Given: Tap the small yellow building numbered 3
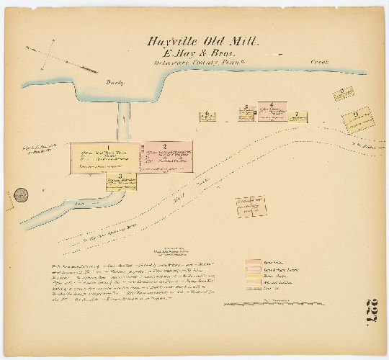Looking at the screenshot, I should pyautogui.click(x=121, y=182).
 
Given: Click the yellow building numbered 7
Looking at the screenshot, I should pyautogui.click(x=297, y=117).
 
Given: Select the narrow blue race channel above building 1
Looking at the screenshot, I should pyautogui.click(x=123, y=120).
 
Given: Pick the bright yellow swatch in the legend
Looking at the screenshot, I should pyautogui.click(x=253, y=276).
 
